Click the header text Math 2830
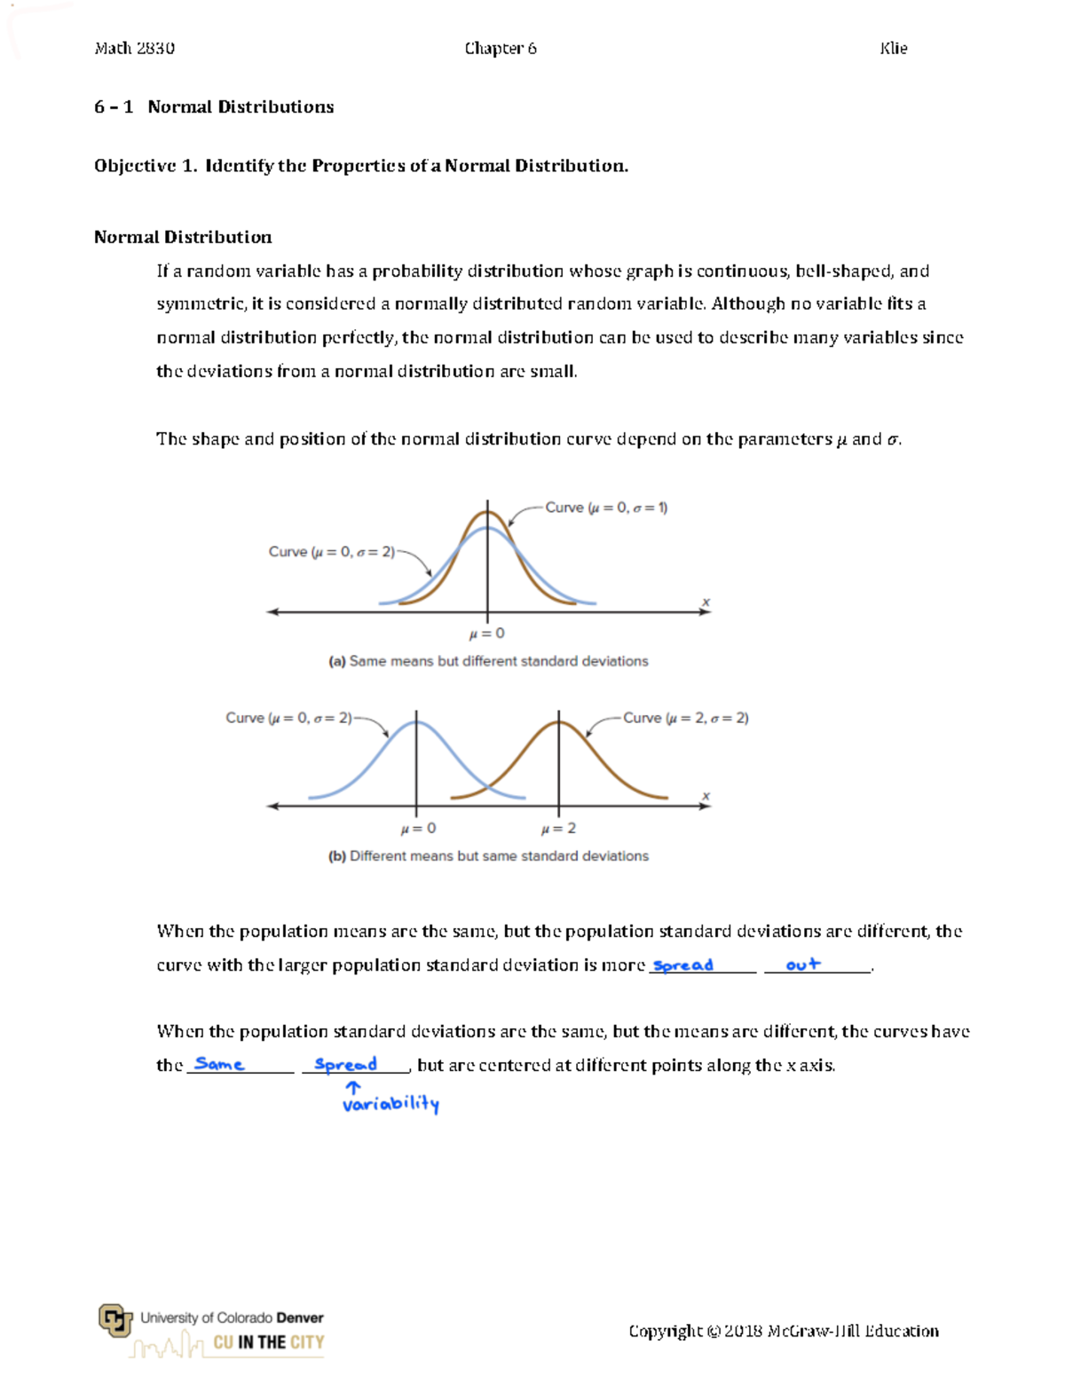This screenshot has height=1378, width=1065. tap(134, 49)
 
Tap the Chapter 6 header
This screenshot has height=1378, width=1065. tap(501, 49)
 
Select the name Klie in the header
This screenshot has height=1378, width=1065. tap(893, 49)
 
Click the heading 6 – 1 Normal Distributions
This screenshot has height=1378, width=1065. tap(214, 107)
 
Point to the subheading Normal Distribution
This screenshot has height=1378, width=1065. tap(183, 237)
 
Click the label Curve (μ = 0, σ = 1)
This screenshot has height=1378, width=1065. tap(606, 508)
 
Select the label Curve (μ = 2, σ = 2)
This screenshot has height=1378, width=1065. tap(685, 718)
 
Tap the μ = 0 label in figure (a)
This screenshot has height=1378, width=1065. tap(486, 634)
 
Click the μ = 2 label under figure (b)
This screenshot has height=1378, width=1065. tap(558, 829)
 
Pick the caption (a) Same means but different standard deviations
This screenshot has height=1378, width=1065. tap(488, 661)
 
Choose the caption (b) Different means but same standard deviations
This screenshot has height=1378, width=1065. tap(488, 856)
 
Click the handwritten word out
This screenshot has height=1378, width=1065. tap(803, 965)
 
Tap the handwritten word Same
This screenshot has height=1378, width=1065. tap(219, 1064)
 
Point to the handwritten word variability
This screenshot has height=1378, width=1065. tap(390, 1105)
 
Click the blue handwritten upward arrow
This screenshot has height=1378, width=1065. tap(353, 1087)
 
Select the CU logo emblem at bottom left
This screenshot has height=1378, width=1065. tap(114, 1320)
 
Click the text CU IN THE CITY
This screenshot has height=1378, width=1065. tap(269, 1343)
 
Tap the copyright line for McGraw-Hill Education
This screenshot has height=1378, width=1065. tap(783, 1331)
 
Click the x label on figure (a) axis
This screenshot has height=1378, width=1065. tap(706, 602)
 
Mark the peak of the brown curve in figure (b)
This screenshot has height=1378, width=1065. tap(559, 721)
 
